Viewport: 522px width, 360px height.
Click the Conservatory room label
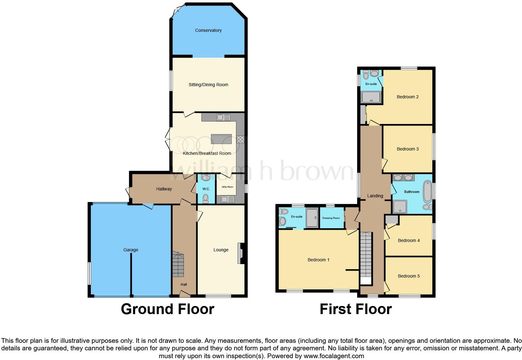[208, 30]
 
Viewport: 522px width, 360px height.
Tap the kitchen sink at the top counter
[223, 118]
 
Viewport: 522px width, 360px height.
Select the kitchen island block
[221, 139]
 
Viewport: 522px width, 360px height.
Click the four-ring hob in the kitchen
[240, 139]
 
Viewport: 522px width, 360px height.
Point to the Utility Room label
[227, 187]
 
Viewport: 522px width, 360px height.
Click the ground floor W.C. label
[206, 189]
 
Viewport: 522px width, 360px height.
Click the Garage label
[130, 250]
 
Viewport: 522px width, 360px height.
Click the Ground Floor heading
[167, 309]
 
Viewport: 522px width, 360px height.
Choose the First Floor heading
[356, 309]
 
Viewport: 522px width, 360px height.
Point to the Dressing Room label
[331, 218]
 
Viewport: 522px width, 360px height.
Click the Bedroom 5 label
[409, 276]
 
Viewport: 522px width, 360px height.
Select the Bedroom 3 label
[408, 149]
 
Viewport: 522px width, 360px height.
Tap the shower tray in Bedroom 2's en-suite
[371, 97]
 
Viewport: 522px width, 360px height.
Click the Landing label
[375, 196]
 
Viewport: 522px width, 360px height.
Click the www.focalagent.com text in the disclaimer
[334, 356]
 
